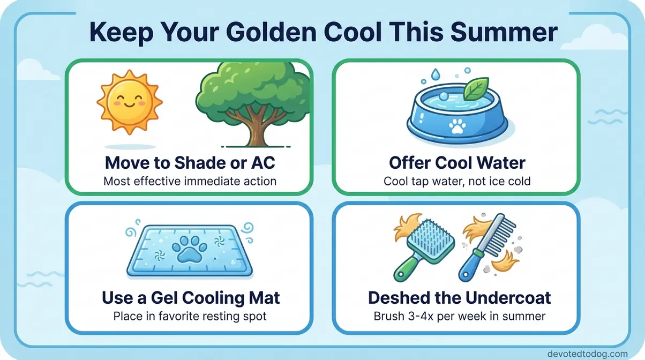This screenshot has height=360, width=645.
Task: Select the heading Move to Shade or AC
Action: pyautogui.click(x=190, y=162)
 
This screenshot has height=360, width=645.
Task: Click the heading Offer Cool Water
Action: pyautogui.click(x=457, y=162)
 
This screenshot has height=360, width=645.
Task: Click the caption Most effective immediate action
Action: pyautogui.click(x=190, y=181)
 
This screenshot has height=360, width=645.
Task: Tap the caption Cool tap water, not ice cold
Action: pyautogui.click(x=457, y=181)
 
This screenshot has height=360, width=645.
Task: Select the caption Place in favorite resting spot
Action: pyautogui.click(x=190, y=316)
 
